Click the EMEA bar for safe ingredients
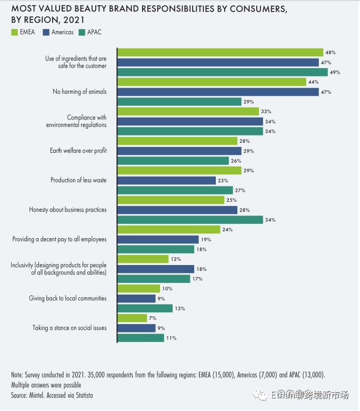220,52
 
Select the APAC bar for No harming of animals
179,102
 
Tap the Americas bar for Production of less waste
166,180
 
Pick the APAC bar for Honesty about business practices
190,220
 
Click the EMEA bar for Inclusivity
143,259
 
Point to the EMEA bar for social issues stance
132,318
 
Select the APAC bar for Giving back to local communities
145,308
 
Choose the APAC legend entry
89,33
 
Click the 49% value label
335,72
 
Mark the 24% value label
227,230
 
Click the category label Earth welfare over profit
78,151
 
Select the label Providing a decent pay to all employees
59,239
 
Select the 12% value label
175,259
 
